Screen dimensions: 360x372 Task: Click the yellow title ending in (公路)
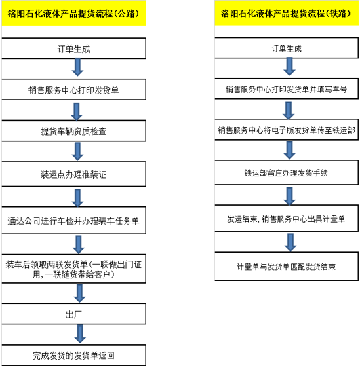74,13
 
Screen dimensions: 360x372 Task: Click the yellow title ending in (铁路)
286,13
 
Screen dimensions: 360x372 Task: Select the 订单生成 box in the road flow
74,48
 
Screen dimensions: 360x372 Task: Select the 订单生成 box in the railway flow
286,48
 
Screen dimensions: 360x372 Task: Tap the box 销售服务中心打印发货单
74,90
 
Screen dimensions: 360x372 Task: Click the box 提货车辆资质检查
74,131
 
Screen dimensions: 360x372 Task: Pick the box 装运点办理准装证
74,174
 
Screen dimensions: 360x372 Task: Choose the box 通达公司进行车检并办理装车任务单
74,221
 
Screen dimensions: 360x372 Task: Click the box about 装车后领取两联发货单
74,269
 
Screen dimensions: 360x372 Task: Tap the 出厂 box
74,314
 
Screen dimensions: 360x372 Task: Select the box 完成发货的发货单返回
74,355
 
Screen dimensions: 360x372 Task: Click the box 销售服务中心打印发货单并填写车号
286,89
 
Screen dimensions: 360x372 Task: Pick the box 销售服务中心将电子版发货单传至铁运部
286,130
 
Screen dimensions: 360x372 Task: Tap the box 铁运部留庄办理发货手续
286,172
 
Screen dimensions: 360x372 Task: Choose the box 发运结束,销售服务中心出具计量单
286,219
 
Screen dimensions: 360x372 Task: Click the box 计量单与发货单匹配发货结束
286,266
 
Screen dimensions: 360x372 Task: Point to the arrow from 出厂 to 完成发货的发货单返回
80,334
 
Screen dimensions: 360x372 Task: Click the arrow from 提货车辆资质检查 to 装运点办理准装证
77,151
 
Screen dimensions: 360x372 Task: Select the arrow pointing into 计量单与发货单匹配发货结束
290,242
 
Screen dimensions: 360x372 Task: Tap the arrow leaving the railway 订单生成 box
289,67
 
